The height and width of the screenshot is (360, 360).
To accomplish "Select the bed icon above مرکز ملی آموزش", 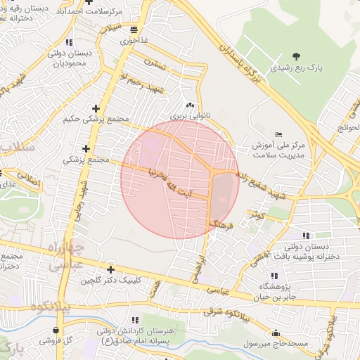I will pyautogui.click(x=279, y=134).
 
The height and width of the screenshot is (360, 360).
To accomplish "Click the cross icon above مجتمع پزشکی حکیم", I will pyautogui.click(x=96, y=108).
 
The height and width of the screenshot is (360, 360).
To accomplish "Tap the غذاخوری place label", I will pyautogui.click(x=134, y=41).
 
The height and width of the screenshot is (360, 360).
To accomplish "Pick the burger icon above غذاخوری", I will pyautogui.click(x=134, y=29).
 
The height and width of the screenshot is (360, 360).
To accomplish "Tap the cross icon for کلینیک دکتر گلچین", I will pyautogui.click(x=110, y=269).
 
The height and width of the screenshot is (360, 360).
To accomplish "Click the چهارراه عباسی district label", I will pyautogui.click(x=67, y=258).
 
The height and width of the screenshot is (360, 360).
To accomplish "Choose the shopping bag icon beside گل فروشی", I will pyautogui.click(x=56, y=330).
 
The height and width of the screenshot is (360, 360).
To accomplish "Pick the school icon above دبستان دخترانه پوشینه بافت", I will pyautogui.click(x=305, y=236).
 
